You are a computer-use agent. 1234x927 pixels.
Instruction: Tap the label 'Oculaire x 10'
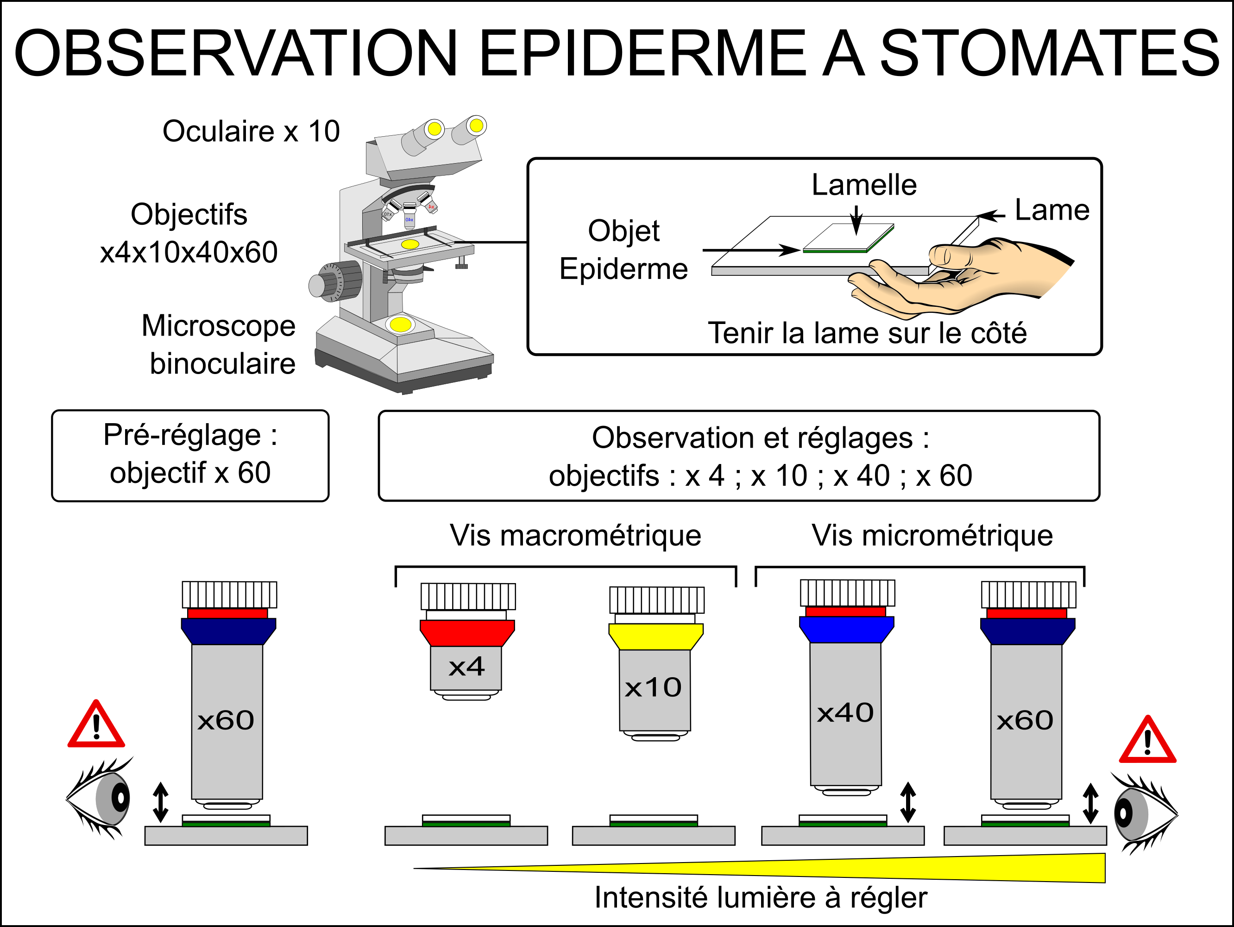point(251,132)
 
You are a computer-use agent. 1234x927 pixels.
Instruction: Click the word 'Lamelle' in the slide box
point(863,185)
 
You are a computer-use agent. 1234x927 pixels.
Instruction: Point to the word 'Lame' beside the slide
point(1051,210)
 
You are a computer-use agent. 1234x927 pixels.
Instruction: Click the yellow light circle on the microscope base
point(401,324)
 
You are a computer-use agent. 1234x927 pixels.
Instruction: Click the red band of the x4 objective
point(467,633)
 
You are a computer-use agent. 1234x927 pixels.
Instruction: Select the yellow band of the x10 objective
point(655,636)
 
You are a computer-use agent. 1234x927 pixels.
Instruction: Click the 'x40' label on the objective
point(845,713)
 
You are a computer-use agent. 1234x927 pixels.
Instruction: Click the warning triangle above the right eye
point(1147,742)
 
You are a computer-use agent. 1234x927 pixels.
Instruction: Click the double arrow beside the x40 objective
point(907,802)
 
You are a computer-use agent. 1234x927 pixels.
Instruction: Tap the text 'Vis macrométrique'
point(575,536)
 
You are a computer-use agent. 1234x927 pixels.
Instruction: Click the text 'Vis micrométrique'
point(932,536)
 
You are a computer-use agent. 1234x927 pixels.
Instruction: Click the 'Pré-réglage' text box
point(190,456)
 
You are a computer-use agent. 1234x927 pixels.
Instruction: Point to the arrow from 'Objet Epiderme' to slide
point(750,250)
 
